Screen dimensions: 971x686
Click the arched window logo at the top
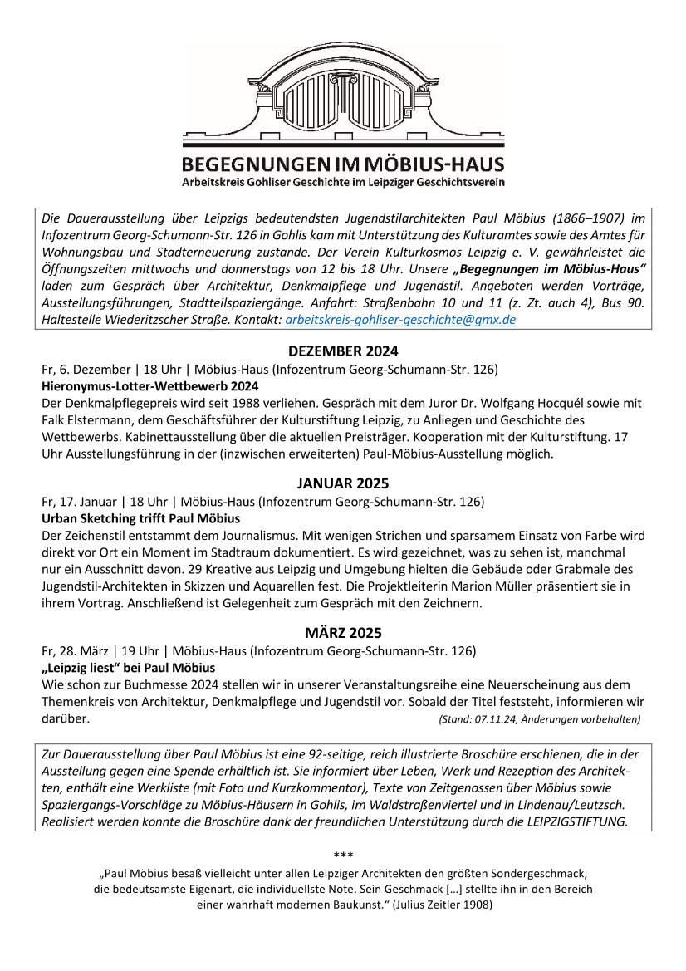[343, 96]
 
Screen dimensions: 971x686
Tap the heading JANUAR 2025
[343, 483]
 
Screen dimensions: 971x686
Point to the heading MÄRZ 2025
[343, 632]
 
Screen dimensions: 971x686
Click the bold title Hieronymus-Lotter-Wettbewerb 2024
[150, 386]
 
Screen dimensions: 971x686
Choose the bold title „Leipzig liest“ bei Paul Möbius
[129, 668]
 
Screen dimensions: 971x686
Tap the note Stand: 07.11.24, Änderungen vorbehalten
[539, 719]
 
